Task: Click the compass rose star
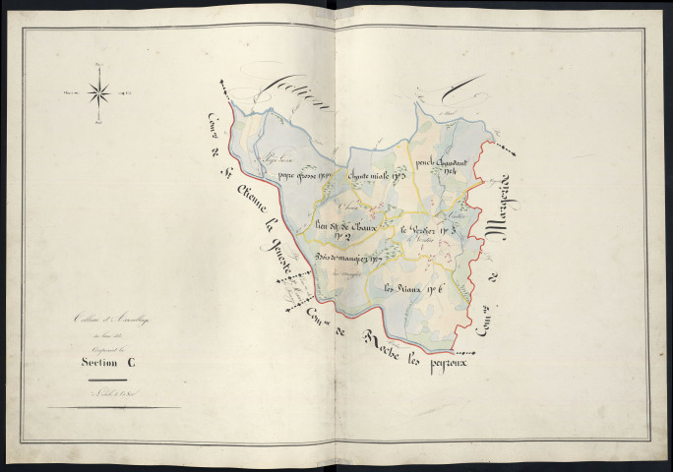point(98,93)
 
